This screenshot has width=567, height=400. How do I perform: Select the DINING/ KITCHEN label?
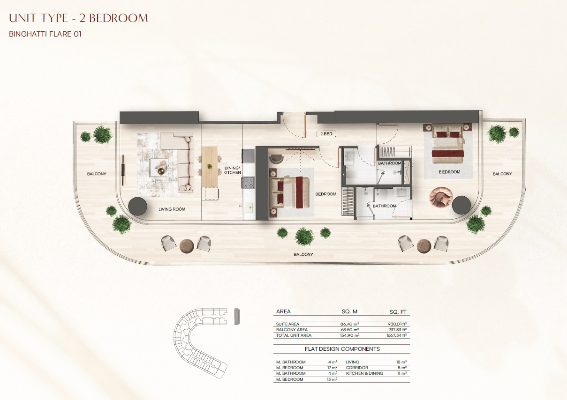(x=232, y=170)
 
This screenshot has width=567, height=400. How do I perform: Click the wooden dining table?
(x=210, y=166)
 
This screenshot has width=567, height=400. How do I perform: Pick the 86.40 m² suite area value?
(x=349, y=324)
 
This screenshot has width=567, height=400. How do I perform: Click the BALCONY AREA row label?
(x=292, y=330)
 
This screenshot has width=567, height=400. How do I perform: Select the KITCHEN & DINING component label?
(x=364, y=373)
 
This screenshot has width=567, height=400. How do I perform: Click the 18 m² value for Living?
(x=401, y=362)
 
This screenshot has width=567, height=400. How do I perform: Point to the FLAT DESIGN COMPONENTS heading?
(x=342, y=349)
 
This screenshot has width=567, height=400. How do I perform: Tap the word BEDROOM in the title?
(x=118, y=18)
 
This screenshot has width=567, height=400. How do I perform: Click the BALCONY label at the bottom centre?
(x=303, y=254)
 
